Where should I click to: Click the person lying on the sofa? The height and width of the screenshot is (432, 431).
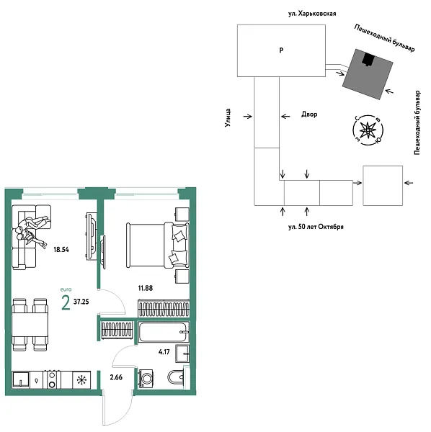pyautogui.click(x=29, y=230)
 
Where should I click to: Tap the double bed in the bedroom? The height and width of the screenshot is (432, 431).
pyautogui.click(x=148, y=244)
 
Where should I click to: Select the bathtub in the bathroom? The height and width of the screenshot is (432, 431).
pyautogui.click(x=161, y=333)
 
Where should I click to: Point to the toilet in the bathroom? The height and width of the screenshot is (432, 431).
pyautogui.click(x=175, y=379)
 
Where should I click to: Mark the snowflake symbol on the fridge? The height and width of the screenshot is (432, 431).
pyautogui.click(x=82, y=379)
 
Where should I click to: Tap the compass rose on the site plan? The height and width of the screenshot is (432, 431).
pyautogui.click(x=368, y=130)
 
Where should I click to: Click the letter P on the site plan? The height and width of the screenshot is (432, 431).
pyautogui.click(x=281, y=51)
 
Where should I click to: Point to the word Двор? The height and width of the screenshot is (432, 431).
pyautogui.click(x=308, y=114)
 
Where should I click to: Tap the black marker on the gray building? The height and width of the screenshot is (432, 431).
pyautogui.click(x=368, y=60)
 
